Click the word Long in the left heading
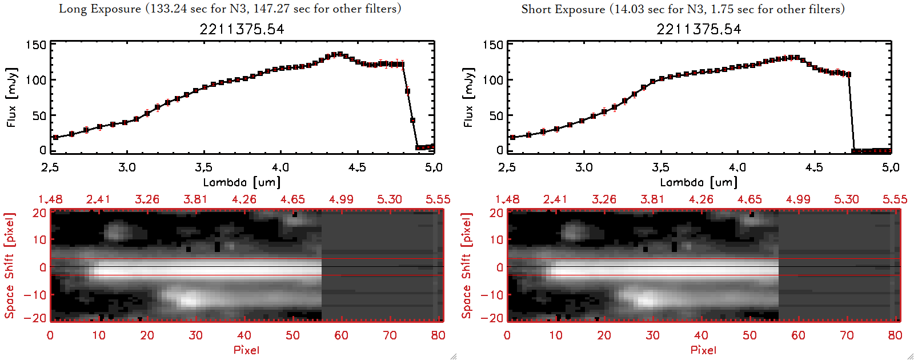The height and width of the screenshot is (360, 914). click(x=73, y=9)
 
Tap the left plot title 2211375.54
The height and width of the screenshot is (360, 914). click(x=242, y=29)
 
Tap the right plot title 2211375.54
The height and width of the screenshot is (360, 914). click(x=699, y=29)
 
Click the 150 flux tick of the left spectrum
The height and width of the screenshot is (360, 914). click(x=36, y=45)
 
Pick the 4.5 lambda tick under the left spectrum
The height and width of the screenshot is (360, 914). click(x=357, y=167)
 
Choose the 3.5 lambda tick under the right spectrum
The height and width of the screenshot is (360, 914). click(x=660, y=167)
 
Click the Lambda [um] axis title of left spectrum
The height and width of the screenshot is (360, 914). click(x=242, y=182)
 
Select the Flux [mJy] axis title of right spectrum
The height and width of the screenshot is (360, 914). click(x=468, y=97)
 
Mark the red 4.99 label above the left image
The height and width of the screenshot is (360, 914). click(x=341, y=199)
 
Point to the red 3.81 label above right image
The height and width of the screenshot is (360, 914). click(x=652, y=199)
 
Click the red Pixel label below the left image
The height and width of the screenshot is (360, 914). click(x=246, y=350)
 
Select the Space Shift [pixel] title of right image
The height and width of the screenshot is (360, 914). click(x=467, y=266)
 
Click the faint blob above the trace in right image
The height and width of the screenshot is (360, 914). click(x=573, y=231)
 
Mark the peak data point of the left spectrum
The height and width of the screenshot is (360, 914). click(x=340, y=54)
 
